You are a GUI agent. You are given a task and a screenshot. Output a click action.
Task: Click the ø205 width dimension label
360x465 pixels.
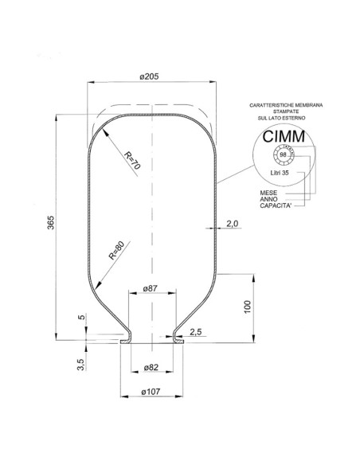pos(151,76)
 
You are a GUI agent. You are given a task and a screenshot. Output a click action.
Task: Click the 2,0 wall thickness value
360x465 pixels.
pos(232,224)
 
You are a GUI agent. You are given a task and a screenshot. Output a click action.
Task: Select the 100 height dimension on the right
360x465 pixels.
pos(248,307)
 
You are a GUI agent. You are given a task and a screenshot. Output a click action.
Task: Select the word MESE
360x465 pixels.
pos(268,193)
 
